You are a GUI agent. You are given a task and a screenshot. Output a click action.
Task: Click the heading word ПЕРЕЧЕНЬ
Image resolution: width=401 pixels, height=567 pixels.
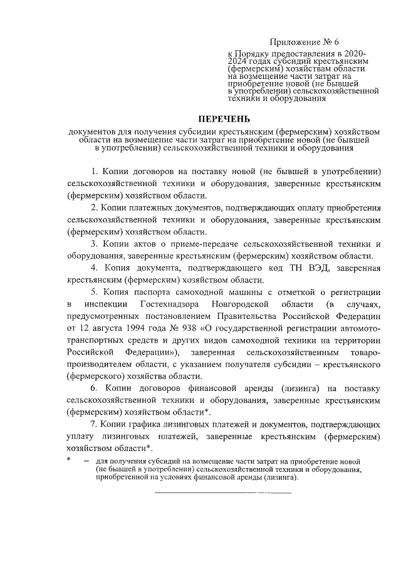click(224, 118)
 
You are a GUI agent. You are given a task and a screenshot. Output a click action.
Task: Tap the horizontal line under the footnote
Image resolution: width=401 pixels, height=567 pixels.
click(223, 494)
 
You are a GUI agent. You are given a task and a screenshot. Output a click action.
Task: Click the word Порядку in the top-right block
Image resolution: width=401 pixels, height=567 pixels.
click(254, 55)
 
